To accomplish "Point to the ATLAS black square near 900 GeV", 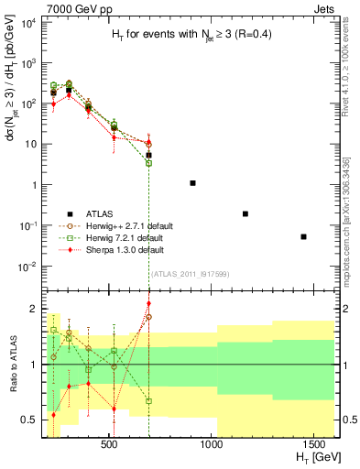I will [x=192, y=183].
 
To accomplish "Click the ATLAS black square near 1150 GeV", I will [x=245, y=213].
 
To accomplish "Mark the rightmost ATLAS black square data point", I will [x=303, y=236].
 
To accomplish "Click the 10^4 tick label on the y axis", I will [x=28, y=23].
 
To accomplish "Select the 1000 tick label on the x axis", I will [x=213, y=444].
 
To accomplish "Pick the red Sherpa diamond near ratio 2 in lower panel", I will [x=149, y=303].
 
